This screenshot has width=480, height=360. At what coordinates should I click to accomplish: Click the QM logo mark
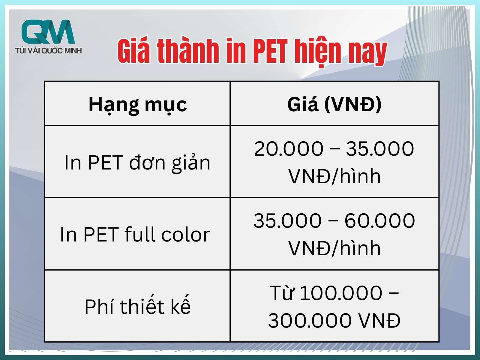(x=48, y=32)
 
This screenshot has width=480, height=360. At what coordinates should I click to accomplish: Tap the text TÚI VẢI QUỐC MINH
(x=48, y=51)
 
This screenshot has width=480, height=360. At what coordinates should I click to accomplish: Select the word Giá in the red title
(x=134, y=51)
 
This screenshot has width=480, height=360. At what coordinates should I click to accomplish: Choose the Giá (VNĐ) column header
(x=334, y=104)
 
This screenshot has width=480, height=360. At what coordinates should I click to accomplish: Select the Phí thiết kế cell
(x=137, y=306)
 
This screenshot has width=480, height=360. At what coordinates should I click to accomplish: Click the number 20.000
(x=289, y=148)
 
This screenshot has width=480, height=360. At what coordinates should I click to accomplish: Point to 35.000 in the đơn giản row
(x=380, y=148)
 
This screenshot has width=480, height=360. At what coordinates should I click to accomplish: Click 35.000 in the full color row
(x=288, y=220)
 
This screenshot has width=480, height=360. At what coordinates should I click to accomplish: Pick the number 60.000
(x=380, y=220)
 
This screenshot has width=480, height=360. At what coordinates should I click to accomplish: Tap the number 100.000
(x=341, y=293)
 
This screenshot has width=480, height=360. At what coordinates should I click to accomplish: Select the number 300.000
(x=310, y=320)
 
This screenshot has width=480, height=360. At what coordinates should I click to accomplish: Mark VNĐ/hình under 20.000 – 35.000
(x=334, y=176)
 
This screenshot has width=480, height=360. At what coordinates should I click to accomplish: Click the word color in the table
(x=186, y=234)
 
